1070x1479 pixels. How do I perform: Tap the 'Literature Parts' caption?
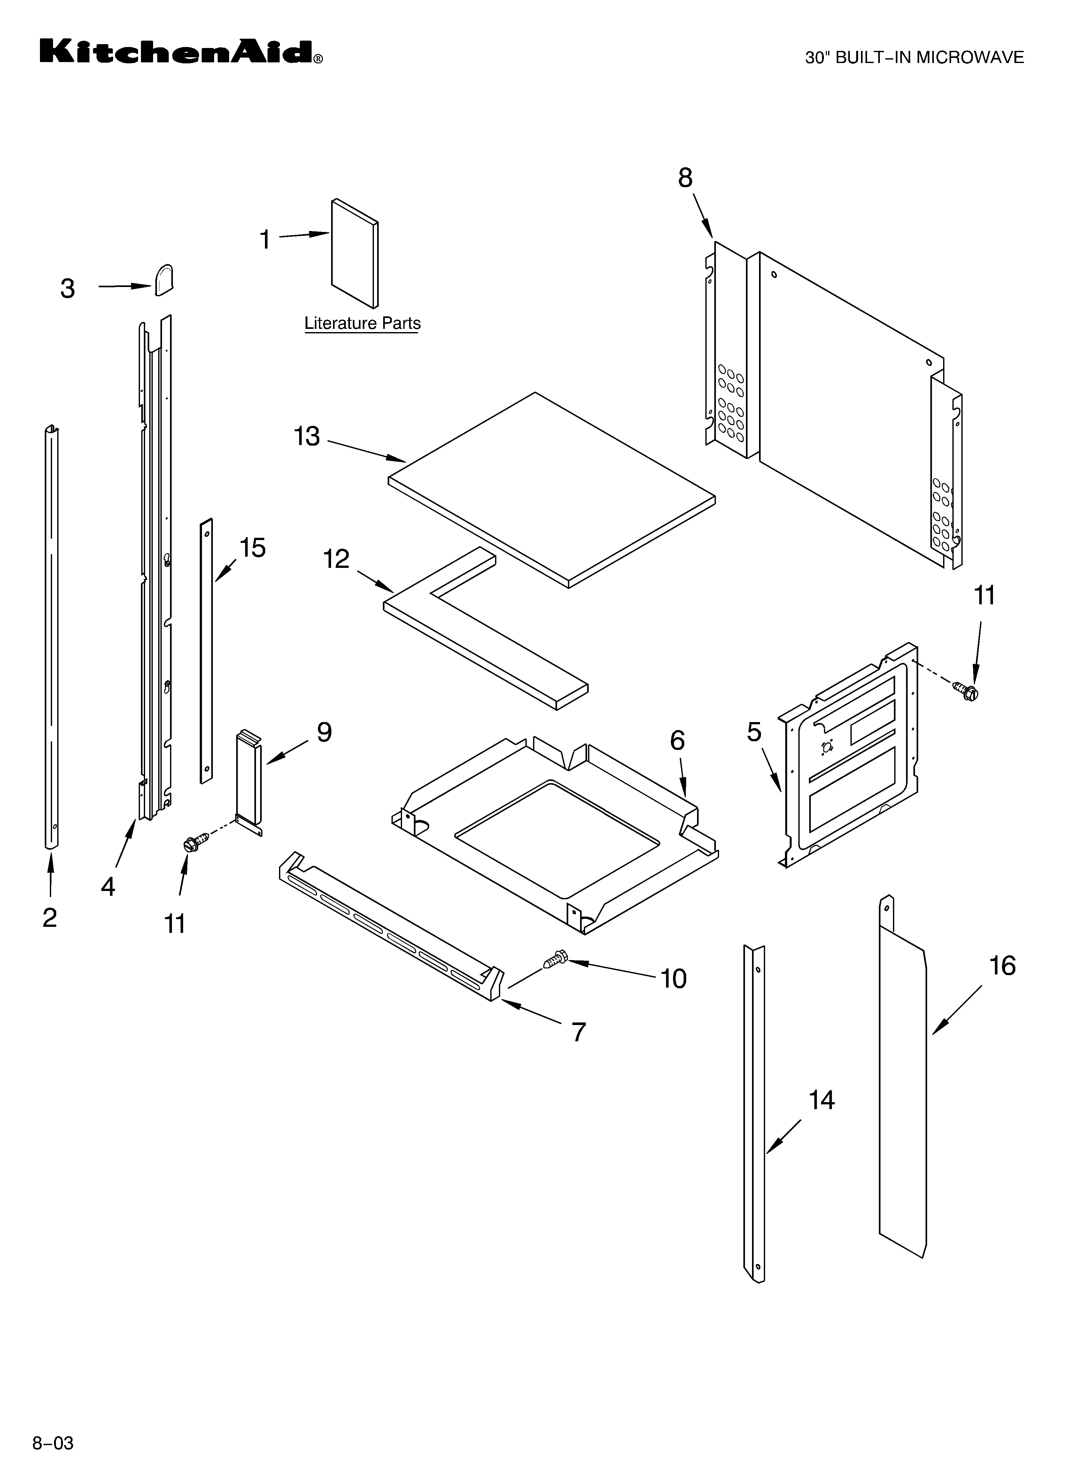click(362, 323)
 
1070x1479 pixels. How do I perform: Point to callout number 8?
click(685, 178)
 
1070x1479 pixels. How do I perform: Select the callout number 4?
click(107, 886)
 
